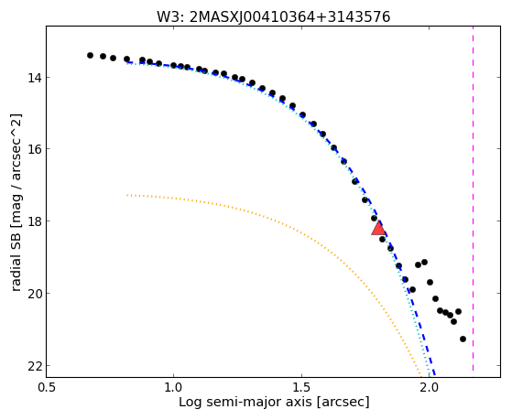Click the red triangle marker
click(x=378, y=228)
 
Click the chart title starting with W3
click(x=273, y=16)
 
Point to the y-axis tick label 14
click(x=34, y=78)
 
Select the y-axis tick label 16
click(x=34, y=148)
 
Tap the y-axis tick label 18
click(x=34, y=221)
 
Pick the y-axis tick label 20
click(x=34, y=293)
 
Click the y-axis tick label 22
click(x=34, y=366)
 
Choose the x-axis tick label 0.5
click(x=47, y=387)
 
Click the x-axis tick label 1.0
click(x=173, y=387)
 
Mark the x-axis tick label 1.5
click(x=301, y=387)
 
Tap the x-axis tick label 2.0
click(x=429, y=387)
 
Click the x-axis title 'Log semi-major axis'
click(x=245, y=403)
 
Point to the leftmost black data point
click(x=90, y=55)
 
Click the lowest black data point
click(x=463, y=339)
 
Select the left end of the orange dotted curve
click(x=126, y=195)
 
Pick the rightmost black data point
click(x=463, y=339)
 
